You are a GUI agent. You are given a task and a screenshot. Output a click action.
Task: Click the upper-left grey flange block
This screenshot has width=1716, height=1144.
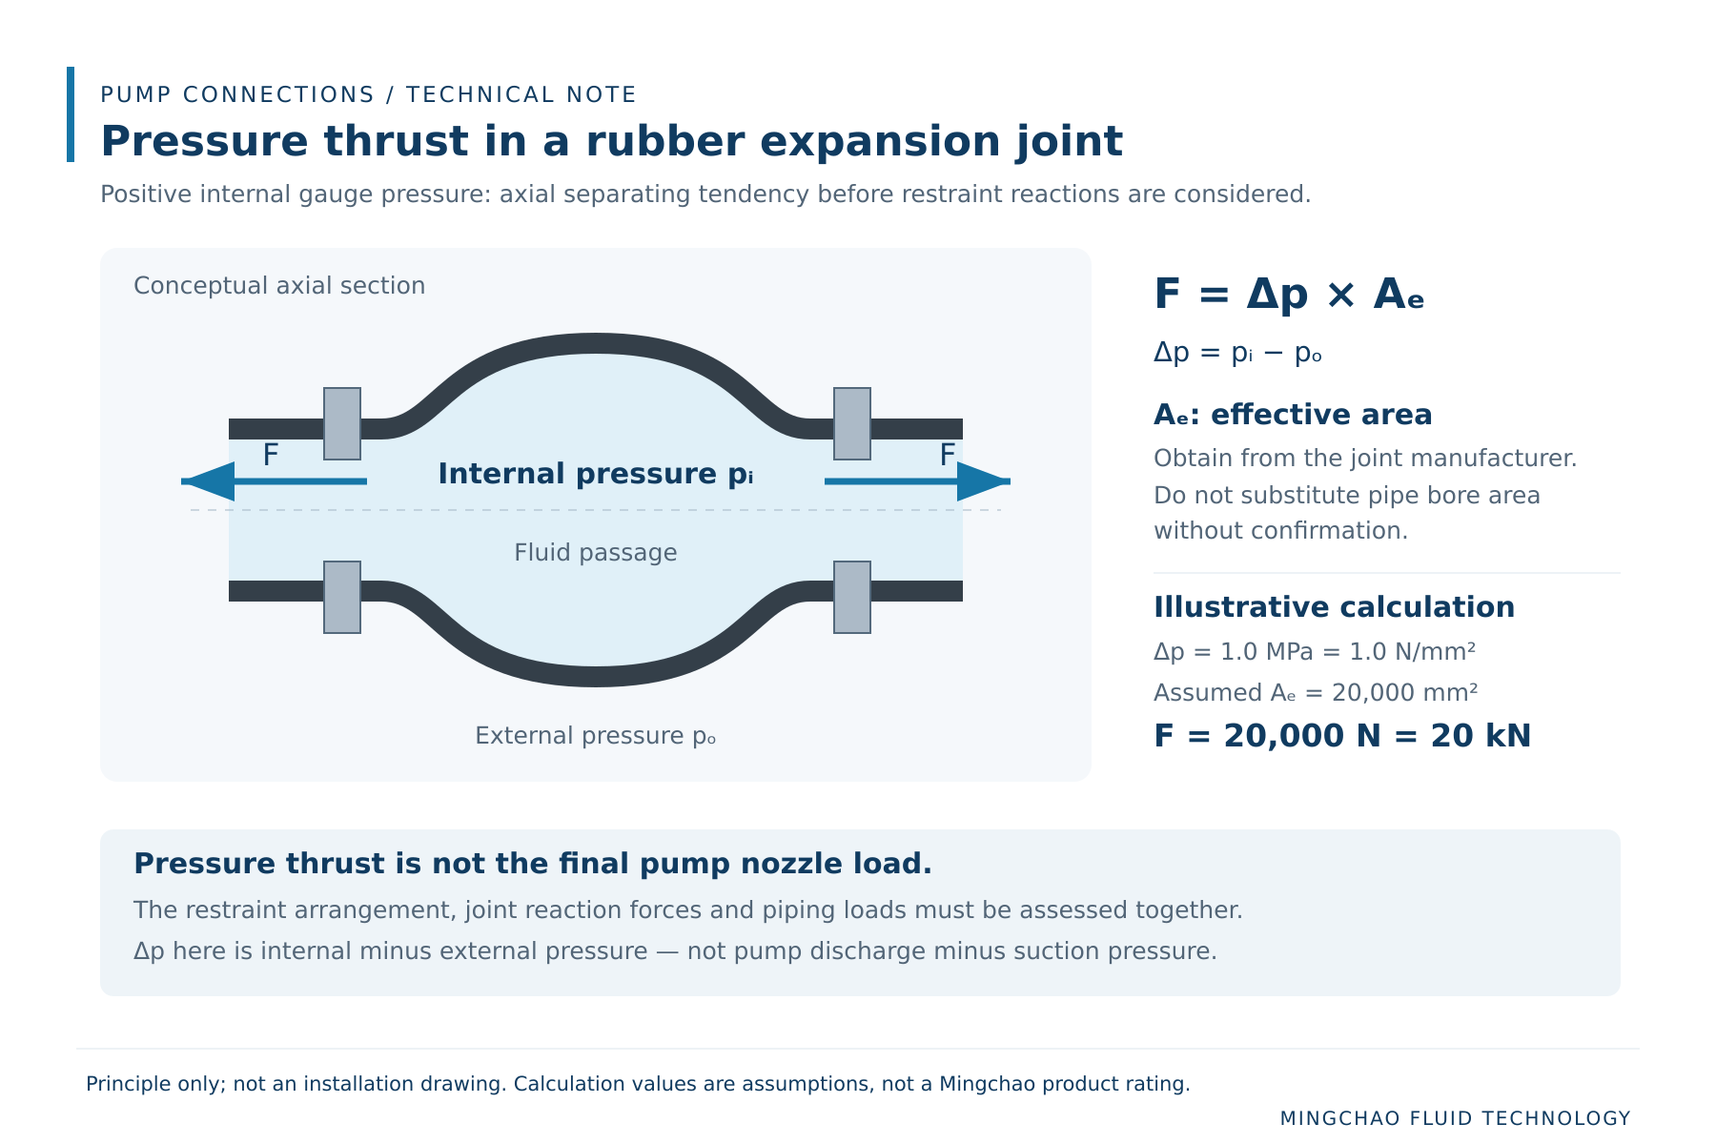[342, 423]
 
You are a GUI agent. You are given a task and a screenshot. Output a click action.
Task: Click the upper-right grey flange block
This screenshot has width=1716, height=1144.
[852, 423]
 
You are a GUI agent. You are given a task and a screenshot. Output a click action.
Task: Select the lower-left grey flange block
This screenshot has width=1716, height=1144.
[342, 597]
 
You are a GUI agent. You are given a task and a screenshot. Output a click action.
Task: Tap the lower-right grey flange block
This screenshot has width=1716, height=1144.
[852, 597]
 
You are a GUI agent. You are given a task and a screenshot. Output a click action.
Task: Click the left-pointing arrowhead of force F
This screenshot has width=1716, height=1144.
[208, 481]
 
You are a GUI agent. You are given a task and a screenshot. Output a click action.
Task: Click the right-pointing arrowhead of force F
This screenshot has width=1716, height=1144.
[984, 481]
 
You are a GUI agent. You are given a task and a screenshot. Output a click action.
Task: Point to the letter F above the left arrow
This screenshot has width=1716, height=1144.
[271, 456]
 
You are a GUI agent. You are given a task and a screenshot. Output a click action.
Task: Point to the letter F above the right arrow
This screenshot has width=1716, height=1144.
[948, 456]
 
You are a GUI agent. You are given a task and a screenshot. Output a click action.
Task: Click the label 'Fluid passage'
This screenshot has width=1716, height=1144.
[596, 553]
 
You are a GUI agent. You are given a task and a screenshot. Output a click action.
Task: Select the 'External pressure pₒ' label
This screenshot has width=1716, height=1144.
[596, 736]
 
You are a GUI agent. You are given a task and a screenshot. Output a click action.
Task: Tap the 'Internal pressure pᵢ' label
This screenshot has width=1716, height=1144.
[596, 474]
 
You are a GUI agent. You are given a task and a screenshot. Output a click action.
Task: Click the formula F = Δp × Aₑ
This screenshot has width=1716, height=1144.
[1289, 295]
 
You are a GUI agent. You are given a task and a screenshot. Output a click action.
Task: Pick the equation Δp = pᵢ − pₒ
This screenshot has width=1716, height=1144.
[1237, 354]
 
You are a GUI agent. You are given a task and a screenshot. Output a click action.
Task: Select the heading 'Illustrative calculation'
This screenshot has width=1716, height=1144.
[1334, 607]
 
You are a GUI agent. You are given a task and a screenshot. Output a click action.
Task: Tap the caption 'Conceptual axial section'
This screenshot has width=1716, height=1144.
[279, 286]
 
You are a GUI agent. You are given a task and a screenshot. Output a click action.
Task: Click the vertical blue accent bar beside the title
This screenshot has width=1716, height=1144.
[71, 114]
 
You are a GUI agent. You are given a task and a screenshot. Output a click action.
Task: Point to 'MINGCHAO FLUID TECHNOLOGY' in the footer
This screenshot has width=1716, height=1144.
[1456, 1118]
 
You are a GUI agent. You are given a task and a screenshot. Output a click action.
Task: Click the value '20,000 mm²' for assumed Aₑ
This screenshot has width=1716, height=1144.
[1405, 693]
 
